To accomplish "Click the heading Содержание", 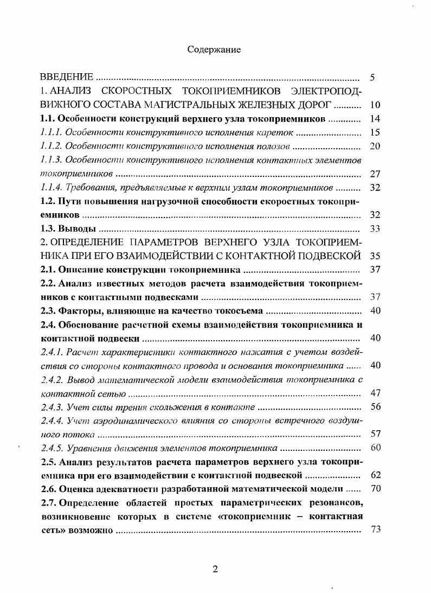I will click(x=214, y=49).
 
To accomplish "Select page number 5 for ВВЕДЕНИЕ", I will click(x=372, y=77).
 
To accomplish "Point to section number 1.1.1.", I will click(x=52, y=132).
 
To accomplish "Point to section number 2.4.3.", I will click(x=52, y=407).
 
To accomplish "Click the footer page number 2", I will click(x=215, y=569).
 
